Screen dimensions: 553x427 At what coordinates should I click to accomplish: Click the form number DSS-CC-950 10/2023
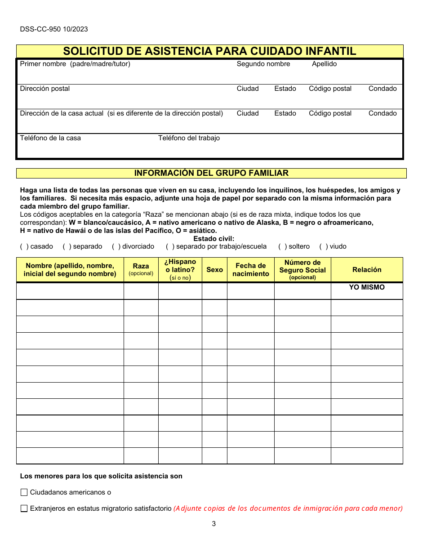click(54, 29)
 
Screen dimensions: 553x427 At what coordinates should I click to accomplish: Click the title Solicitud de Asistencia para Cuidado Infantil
click(209, 51)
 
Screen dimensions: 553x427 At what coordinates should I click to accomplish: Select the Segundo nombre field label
click(263, 64)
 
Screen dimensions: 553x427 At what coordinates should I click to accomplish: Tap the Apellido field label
click(324, 64)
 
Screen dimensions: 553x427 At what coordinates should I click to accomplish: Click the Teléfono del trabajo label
click(189, 138)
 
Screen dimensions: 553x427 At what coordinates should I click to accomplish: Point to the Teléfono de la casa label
click(50, 138)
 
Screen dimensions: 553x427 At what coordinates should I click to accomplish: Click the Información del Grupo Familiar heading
click(211, 173)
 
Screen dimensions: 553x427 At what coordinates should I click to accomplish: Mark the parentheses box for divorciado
click(116, 246)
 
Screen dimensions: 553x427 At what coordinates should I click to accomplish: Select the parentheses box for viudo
click(324, 246)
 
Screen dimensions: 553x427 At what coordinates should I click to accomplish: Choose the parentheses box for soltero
click(282, 246)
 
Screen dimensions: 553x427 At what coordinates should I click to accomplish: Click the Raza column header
click(141, 269)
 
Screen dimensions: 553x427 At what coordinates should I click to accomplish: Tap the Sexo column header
click(214, 270)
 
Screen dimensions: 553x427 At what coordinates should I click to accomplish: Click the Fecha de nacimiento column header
click(250, 270)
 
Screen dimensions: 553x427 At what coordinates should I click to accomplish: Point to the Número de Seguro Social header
click(302, 269)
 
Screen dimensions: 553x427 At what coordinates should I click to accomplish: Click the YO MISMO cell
click(367, 287)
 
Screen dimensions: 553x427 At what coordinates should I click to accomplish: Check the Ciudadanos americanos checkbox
click(24, 492)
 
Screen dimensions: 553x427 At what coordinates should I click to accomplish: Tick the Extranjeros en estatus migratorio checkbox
click(24, 508)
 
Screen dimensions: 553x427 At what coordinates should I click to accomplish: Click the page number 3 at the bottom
click(213, 524)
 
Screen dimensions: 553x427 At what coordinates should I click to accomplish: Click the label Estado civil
click(213, 239)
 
